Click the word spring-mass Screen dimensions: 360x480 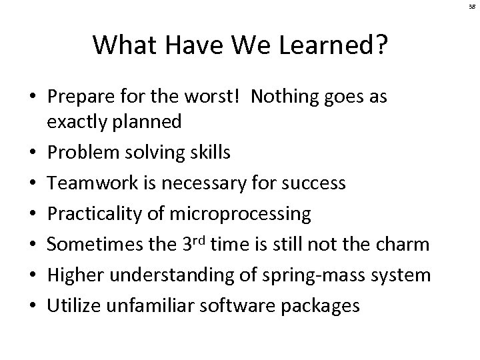[304, 275]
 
